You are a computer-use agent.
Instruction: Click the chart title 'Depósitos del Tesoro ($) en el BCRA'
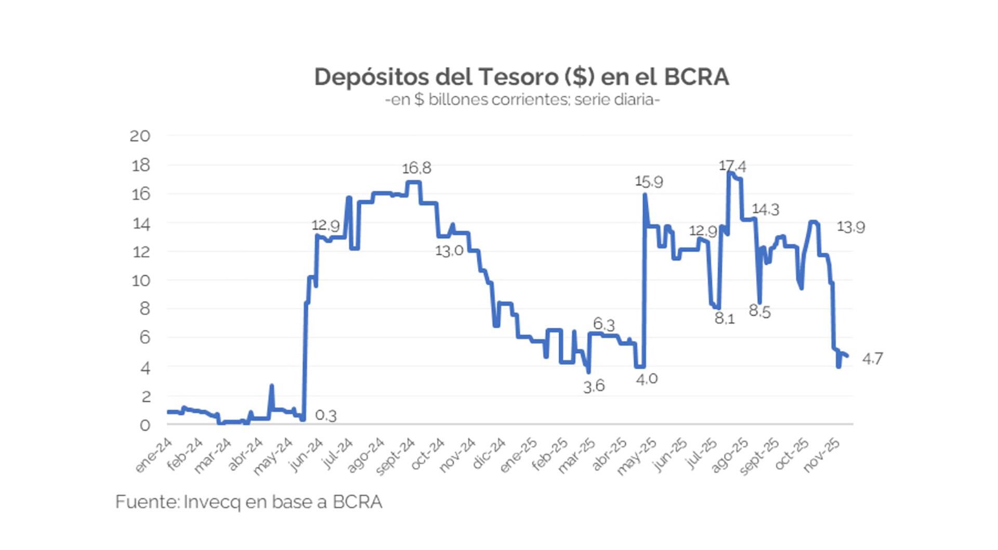(x=521, y=77)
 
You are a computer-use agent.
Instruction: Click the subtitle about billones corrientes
(x=522, y=99)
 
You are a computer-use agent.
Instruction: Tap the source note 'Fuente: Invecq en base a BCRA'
(x=248, y=502)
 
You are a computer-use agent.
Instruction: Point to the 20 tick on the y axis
(x=140, y=136)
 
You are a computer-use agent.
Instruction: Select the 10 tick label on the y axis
(x=140, y=281)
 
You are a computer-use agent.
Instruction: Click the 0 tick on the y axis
(x=145, y=425)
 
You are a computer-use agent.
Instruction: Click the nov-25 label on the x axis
(x=822, y=454)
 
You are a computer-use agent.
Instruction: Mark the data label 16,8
(x=416, y=168)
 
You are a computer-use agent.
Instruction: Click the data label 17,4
(x=732, y=166)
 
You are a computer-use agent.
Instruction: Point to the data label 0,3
(x=326, y=415)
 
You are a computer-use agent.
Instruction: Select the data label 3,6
(x=594, y=386)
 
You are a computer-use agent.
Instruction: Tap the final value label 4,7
(x=872, y=359)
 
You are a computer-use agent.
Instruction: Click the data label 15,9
(x=649, y=182)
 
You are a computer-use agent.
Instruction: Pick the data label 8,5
(x=759, y=311)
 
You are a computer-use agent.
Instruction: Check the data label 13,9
(x=851, y=227)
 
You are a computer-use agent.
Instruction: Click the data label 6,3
(x=604, y=324)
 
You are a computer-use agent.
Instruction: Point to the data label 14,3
(x=766, y=209)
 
